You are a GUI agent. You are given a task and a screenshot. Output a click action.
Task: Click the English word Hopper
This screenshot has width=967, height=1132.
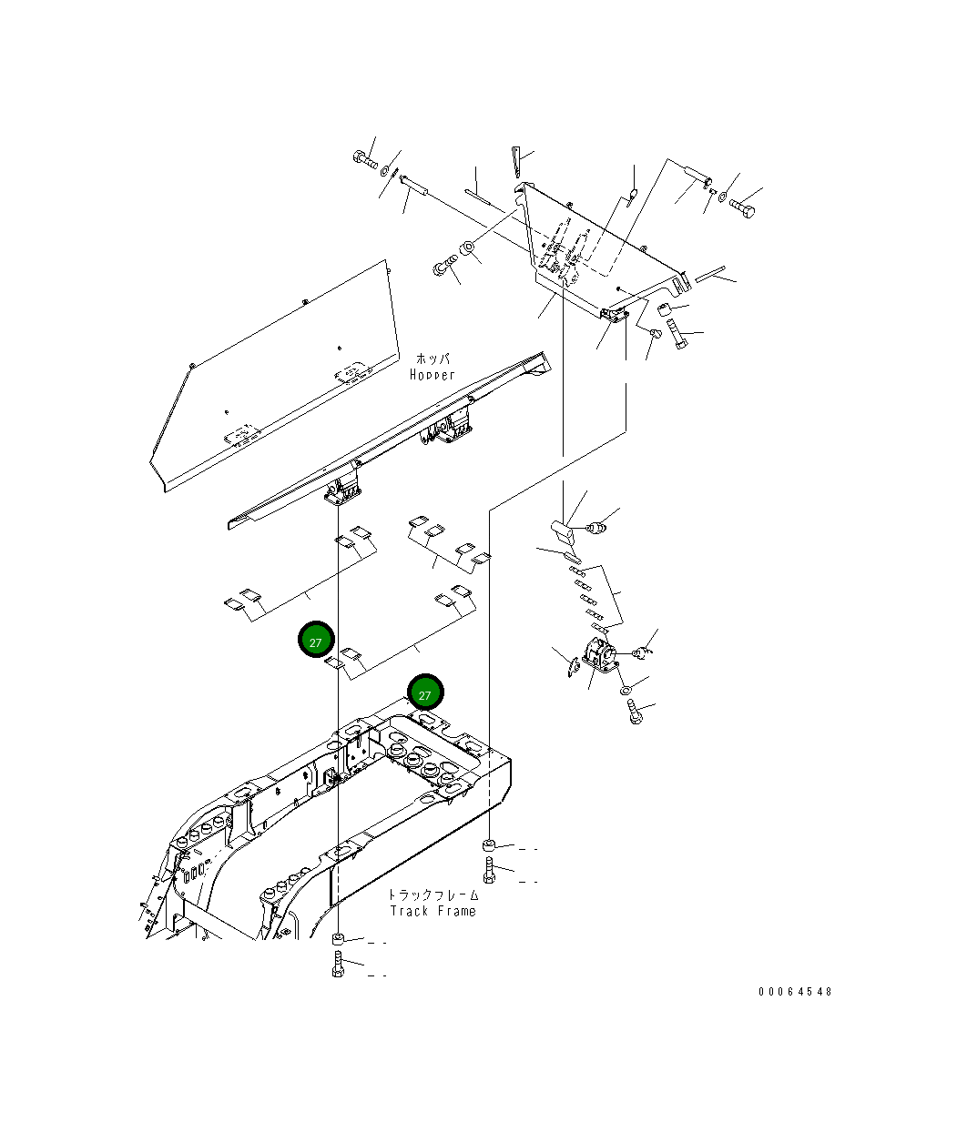(x=432, y=375)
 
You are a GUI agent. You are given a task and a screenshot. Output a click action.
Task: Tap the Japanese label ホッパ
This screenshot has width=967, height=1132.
(x=433, y=359)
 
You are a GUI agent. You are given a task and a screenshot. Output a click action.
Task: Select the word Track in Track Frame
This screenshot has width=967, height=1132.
(x=410, y=911)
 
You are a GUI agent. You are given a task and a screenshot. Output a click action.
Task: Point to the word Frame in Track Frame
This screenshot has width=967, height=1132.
(x=456, y=911)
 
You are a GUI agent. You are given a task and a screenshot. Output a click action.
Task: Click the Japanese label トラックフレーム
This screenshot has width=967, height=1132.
(x=433, y=895)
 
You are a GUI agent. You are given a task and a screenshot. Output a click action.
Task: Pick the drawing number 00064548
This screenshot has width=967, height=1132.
(x=794, y=992)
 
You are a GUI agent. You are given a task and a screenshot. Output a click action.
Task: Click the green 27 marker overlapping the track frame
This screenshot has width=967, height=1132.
(x=424, y=693)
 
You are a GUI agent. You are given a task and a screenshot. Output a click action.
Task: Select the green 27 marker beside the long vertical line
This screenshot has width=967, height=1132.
(x=316, y=641)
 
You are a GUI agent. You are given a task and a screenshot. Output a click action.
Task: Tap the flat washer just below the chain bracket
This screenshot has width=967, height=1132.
(x=629, y=692)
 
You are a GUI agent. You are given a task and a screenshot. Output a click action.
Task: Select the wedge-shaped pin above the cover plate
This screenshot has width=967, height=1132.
(x=515, y=162)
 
